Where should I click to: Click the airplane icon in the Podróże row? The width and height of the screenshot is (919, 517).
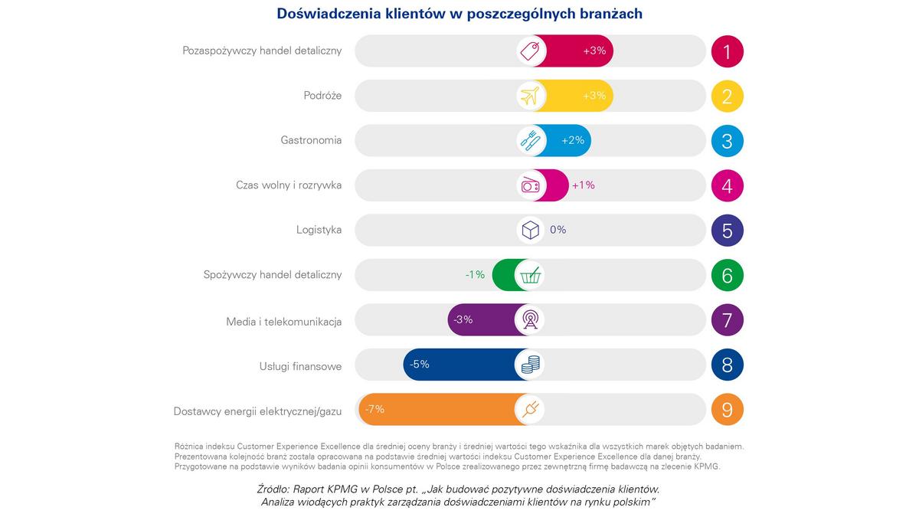(530, 96)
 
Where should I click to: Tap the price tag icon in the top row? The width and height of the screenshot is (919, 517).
(530, 51)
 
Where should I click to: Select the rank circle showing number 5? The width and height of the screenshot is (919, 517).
(727, 231)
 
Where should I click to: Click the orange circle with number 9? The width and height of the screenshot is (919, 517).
(727, 410)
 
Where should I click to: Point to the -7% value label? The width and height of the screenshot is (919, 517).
(374, 409)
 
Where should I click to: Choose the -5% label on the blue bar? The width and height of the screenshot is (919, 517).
(419, 365)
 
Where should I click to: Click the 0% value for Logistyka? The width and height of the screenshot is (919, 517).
(558, 230)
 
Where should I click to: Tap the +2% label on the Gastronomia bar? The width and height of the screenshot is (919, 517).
(573, 141)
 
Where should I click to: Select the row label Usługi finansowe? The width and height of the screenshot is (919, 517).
(300, 367)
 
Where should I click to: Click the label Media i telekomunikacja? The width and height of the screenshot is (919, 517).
(284, 322)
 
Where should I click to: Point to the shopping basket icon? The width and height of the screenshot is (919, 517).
(530, 275)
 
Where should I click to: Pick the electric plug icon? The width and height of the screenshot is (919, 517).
(530, 410)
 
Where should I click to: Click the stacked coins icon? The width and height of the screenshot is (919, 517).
(530, 365)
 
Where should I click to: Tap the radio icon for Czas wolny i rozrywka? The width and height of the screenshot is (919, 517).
(530, 185)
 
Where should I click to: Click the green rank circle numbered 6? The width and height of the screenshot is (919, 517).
(727, 275)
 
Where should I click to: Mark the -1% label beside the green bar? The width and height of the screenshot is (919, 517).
(475, 274)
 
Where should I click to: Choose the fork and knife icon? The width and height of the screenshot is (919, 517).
(530, 141)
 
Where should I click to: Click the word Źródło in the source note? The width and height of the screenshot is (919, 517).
(273, 489)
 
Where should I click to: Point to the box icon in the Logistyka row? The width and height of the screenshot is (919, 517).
(530, 230)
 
